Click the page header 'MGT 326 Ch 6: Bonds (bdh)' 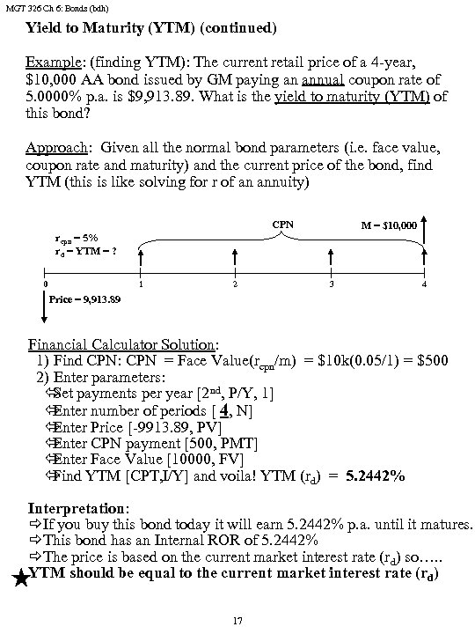coord(52,9)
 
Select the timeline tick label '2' coord(235,285)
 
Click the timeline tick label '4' coord(425,285)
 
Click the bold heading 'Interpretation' coord(78,508)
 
